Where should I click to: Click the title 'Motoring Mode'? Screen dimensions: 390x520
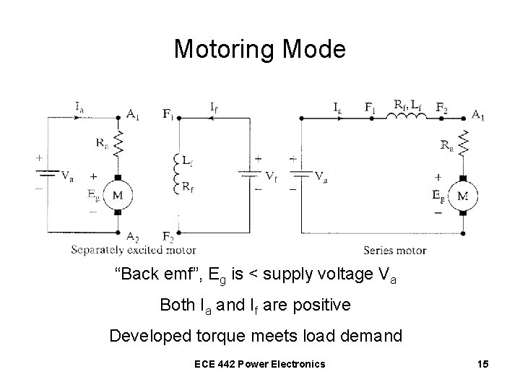click(260, 49)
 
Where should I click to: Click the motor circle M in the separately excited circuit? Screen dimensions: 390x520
click(117, 195)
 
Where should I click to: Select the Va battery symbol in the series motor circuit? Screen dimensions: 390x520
click(301, 174)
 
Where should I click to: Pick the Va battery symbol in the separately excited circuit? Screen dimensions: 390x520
click(48, 174)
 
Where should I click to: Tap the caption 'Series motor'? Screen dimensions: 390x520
click(395, 251)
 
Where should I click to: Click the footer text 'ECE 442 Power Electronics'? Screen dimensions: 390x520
click(259, 363)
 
